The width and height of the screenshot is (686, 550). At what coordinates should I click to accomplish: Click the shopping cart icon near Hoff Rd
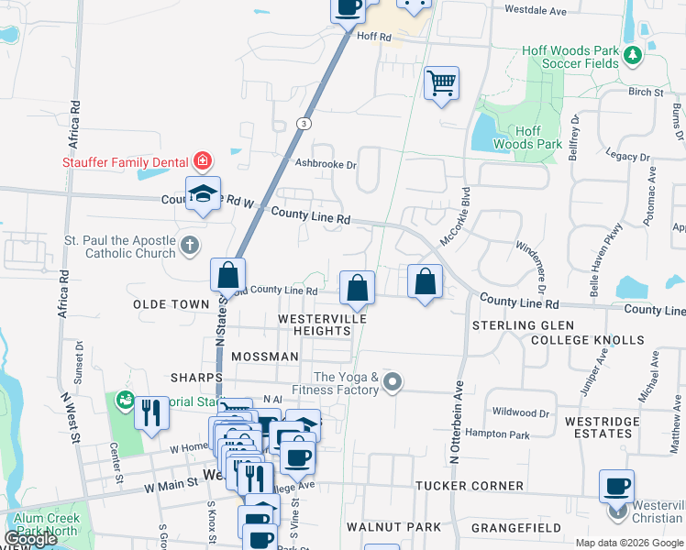coord(442,83)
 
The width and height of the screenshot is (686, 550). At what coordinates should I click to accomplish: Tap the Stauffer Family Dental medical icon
coord(203,162)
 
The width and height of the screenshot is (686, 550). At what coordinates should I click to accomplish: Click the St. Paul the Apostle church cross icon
coord(189,245)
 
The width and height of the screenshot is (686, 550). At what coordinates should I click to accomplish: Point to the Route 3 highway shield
coord(304,123)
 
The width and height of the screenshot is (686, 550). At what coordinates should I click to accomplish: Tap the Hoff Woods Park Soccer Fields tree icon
coord(632,56)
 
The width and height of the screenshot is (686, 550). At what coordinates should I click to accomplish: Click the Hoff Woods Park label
coord(527,137)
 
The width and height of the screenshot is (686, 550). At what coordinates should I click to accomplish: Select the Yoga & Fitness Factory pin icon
coord(393,380)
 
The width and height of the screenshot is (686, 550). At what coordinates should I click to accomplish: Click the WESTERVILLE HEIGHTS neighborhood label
coord(322,324)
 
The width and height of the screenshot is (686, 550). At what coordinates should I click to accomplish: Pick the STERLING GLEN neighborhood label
coord(523,325)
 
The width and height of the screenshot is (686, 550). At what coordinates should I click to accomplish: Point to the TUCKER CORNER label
coord(469,485)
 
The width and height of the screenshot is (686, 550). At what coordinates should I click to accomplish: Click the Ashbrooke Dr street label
coord(325,164)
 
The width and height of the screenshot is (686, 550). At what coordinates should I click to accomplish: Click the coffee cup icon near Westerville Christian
coord(617,485)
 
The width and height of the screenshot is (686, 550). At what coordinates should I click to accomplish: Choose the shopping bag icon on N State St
coord(227,274)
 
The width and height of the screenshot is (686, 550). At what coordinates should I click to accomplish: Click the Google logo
coord(31,539)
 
